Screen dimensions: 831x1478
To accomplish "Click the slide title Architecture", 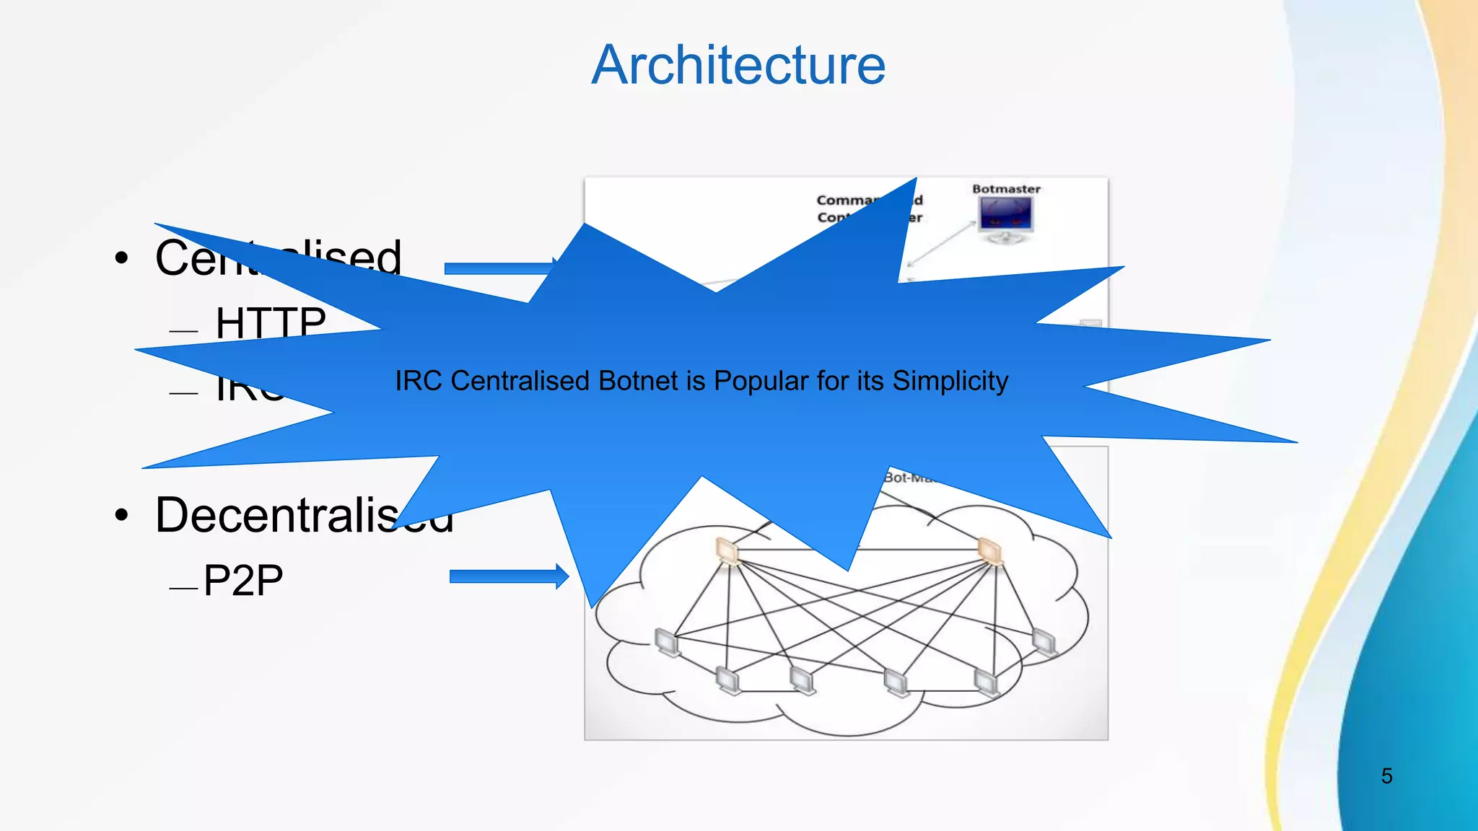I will click(x=738, y=65).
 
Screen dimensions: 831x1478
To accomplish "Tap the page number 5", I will click(x=1386, y=776).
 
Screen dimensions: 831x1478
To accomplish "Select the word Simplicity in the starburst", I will click(x=950, y=381).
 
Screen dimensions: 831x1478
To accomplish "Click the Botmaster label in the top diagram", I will click(x=1006, y=189).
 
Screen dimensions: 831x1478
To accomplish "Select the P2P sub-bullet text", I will click(x=243, y=580).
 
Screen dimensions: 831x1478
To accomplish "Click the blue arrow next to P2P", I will click(x=508, y=576).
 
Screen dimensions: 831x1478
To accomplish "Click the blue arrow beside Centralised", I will click(x=498, y=268).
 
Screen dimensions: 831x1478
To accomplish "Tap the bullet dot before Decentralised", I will click(x=122, y=515).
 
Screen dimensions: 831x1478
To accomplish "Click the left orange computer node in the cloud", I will click(x=727, y=551).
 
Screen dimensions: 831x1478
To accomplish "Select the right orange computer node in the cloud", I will click(x=989, y=551).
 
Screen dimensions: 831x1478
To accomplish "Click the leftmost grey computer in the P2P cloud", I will click(x=668, y=642).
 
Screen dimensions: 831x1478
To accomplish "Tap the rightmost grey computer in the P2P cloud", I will click(x=1044, y=641).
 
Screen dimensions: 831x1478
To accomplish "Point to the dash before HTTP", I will click(x=183, y=331).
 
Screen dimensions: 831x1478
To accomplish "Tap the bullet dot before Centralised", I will click(x=122, y=258).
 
